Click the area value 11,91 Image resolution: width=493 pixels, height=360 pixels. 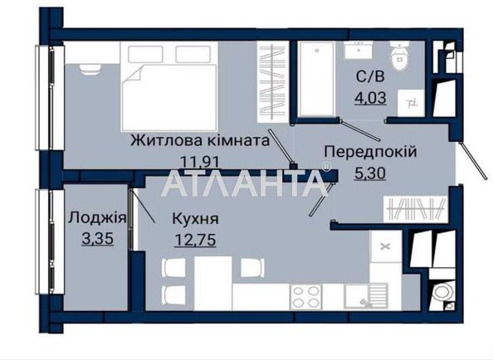[x=199, y=162]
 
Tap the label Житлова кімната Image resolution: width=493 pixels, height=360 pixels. [x=200, y=141]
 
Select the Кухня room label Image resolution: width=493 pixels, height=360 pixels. [x=195, y=219]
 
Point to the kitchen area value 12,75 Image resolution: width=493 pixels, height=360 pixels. [x=195, y=240]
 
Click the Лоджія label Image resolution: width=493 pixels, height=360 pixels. [x=97, y=217]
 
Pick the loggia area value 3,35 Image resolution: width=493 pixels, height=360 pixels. [x=97, y=239]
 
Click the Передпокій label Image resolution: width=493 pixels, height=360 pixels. [x=370, y=152]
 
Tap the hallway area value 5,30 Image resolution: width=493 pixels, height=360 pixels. [x=370, y=173]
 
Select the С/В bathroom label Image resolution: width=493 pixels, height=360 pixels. [x=370, y=76]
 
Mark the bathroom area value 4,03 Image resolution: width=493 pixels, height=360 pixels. [x=370, y=98]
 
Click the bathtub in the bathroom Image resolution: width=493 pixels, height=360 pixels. [x=316, y=79]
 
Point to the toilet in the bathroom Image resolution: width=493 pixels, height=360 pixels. [x=399, y=56]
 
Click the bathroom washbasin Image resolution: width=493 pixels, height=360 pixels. [x=359, y=50]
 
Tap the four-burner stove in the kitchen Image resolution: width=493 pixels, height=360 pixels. [x=305, y=297]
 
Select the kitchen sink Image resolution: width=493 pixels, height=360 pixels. [x=366, y=296]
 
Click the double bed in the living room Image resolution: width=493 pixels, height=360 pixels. [x=169, y=87]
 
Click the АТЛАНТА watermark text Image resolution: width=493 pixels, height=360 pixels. [x=245, y=183]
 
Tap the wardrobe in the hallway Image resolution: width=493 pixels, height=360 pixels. [x=416, y=209]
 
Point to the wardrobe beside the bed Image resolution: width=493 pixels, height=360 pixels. [x=272, y=81]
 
